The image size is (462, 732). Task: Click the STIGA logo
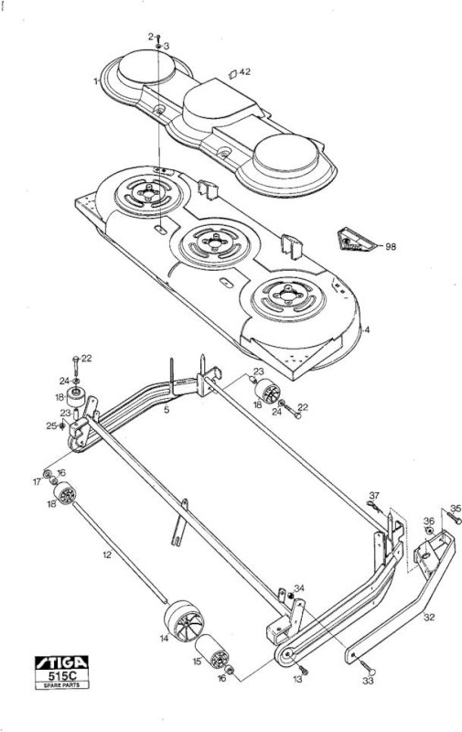pos(61,662)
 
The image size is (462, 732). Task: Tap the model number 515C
pos(61,675)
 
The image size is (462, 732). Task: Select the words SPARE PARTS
pos(61,684)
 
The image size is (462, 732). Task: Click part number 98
pos(391,246)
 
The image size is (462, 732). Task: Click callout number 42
pos(245,72)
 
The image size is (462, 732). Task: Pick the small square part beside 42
pos(232,74)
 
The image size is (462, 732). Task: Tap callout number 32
pos(429,617)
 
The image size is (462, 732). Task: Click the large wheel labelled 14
pos(184,621)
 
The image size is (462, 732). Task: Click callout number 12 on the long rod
pos(107,554)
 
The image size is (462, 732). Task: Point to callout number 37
pos(374,495)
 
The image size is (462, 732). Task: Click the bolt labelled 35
pos(455,518)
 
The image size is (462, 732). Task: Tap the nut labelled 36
pos(428,532)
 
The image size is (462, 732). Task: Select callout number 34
pos(298,588)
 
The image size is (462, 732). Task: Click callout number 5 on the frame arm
pos(167,410)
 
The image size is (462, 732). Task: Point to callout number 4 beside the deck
pos(367,329)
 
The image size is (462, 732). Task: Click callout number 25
pos(51,425)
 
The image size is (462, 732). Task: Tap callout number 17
pos(37,482)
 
